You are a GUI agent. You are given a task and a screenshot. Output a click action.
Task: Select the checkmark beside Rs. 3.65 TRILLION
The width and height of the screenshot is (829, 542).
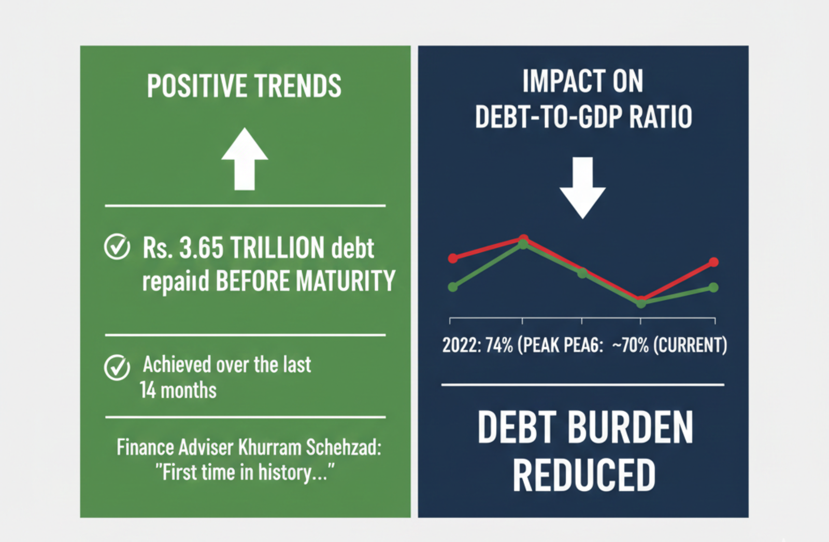(117, 247)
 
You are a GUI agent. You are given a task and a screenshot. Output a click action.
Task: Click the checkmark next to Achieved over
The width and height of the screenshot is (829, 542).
(117, 368)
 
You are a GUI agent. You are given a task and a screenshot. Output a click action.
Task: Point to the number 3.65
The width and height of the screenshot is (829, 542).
(201, 248)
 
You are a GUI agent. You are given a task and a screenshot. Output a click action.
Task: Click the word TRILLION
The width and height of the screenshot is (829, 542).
(277, 248)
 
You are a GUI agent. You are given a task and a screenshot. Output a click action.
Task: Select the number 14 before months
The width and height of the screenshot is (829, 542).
(148, 391)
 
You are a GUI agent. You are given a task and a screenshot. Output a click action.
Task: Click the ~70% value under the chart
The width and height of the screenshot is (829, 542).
(630, 345)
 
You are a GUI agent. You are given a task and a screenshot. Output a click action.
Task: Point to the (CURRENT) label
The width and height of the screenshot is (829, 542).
(690, 345)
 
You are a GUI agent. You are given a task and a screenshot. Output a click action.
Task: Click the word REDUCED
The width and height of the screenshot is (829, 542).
(584, 475)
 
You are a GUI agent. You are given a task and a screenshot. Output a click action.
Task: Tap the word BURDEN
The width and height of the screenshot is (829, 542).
(631, 428)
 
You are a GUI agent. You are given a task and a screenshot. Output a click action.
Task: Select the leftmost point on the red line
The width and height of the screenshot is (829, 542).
(453, 258)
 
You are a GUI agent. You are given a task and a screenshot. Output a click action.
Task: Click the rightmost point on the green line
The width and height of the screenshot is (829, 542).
(713, 287)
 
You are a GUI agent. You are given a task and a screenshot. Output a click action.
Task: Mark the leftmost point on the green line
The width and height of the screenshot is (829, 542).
(453, 287)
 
